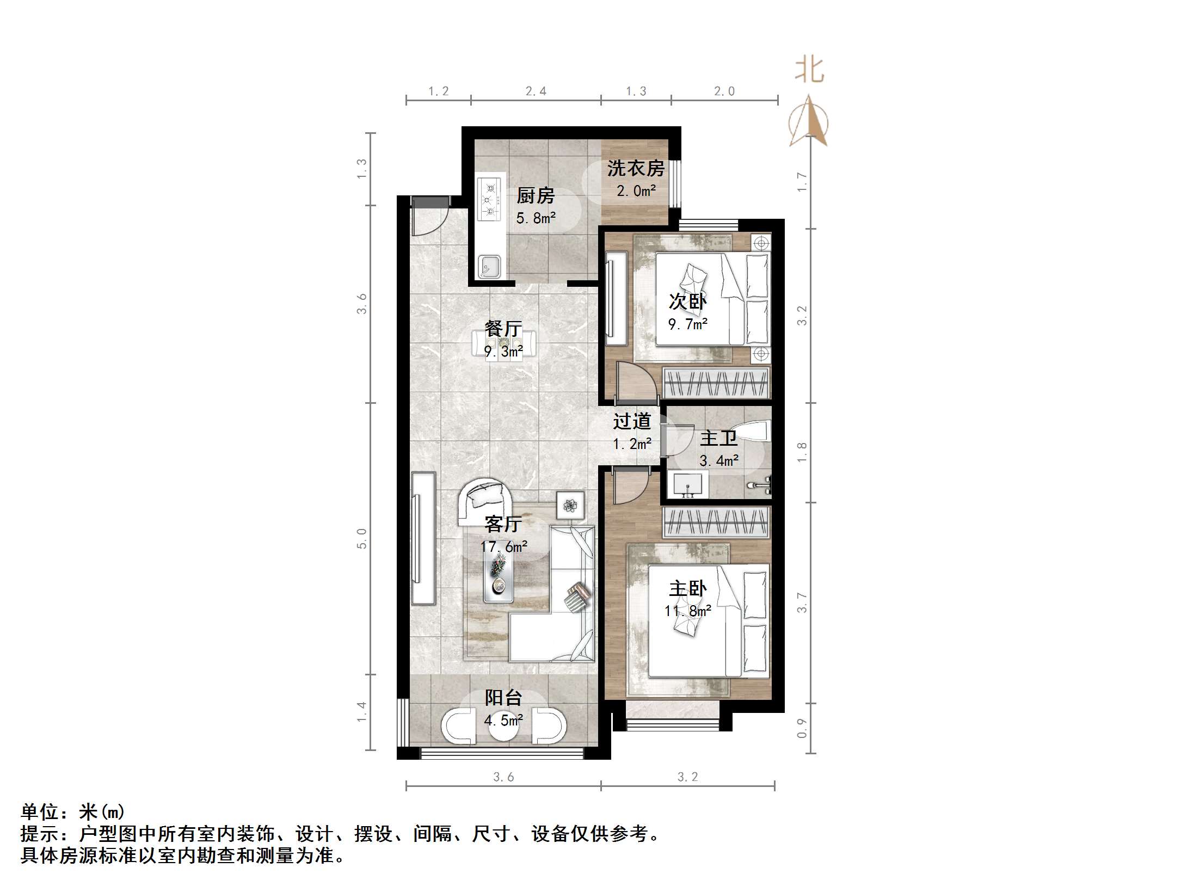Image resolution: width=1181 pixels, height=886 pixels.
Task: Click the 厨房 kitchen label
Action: click(x=535, y=195)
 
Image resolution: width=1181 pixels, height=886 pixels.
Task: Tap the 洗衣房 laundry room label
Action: click(x=636, y=168)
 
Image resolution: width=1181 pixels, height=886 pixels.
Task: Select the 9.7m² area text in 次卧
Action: click(x=687, y=324)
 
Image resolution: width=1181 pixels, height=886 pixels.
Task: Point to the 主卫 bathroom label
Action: click(x=718, y=438)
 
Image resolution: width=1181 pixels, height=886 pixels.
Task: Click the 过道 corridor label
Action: click(x=631, y=421)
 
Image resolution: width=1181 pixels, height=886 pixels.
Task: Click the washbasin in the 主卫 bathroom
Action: click(x=688, y=484)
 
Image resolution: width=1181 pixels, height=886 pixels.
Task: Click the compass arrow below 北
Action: click(x=809, y=122)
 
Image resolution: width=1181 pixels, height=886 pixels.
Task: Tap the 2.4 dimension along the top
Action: click(x=536, y=91)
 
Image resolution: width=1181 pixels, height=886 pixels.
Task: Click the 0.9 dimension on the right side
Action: click(x=802, y=728)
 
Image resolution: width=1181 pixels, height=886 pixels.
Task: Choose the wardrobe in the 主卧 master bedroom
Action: click(x=716, y=522)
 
